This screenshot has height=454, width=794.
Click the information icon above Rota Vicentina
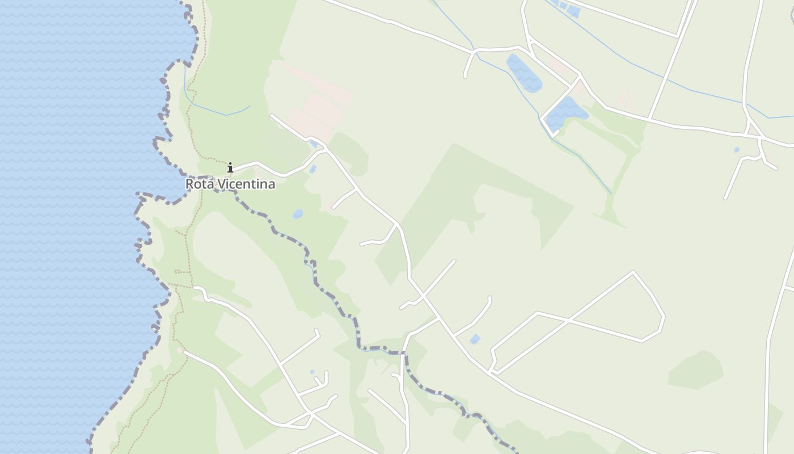tap(230, 167)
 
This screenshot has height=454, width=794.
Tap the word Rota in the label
tap(199, 184)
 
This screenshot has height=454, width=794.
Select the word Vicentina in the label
tap(246, 184)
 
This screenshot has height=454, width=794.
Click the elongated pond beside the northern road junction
tap(523, 73)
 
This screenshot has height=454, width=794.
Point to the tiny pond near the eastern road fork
tap(736, 150)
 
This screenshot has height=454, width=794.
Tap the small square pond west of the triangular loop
tap(475, 339)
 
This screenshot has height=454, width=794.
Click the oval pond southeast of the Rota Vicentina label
tap(298, 214)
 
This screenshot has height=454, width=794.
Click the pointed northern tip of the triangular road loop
tap(633, 272)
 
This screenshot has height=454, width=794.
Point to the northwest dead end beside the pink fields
tap(272, 116)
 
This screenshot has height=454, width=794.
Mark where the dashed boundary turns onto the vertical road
tap(404, 354)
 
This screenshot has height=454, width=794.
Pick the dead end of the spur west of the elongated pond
tap(466, 76)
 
